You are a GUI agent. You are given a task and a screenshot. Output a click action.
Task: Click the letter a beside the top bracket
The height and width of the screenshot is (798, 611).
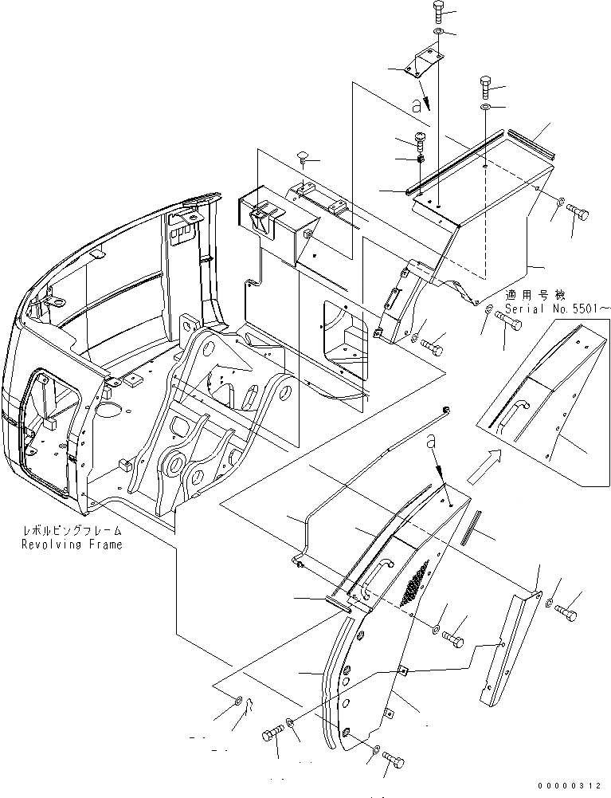pos(417,104)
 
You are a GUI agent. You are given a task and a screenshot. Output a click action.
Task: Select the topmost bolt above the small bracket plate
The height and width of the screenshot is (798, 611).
pos(437,13)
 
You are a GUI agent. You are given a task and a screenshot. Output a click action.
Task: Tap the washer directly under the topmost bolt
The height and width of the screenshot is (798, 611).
pos(438,32)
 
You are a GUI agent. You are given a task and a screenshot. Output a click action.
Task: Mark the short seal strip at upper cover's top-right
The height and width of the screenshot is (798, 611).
pos(527,142)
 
